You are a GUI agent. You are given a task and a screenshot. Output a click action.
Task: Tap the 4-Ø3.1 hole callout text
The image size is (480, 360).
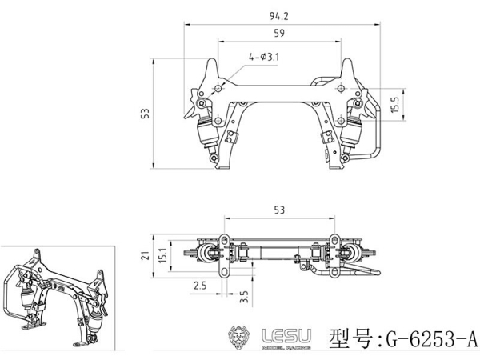tap(263, 57)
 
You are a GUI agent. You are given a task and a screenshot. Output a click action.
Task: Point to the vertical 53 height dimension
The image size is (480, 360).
tap(145, 114)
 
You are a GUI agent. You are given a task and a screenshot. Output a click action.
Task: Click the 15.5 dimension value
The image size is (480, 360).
tap(395, 104)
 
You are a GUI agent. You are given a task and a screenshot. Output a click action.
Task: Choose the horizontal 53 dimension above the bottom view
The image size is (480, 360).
tap(278, 210)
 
